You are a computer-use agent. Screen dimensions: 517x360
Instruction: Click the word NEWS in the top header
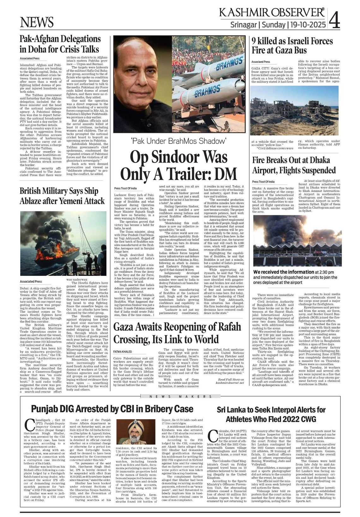[37, 22]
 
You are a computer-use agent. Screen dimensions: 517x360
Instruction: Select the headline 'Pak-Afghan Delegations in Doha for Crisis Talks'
[60, 44]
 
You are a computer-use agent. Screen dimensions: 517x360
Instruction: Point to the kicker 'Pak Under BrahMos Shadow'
[179, 141]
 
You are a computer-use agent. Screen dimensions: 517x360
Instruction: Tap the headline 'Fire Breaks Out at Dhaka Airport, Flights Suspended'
[294, 165]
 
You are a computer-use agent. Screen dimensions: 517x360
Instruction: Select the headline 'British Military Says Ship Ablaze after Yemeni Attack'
[62, 196]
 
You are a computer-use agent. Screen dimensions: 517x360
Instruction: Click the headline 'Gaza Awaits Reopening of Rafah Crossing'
[177, 333]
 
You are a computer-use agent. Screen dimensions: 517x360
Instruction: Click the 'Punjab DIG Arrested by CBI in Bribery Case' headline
[112, 409]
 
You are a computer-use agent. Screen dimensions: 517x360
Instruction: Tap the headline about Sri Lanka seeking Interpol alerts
[271, 414]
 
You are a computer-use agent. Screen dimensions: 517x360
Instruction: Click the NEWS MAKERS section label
[181, 396]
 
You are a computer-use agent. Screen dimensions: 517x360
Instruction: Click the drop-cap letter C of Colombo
[213, 436]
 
